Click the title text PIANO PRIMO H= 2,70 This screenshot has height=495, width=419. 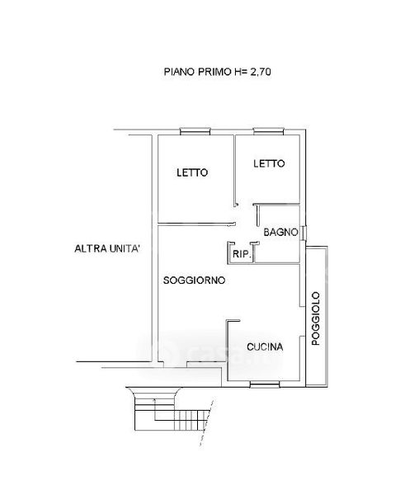click(x=217, y=72)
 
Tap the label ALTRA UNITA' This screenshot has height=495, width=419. click(x=107, y=248)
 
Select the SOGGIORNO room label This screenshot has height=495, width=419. click(x=194, y=280)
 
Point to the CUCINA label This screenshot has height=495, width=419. click(x=265, y=347)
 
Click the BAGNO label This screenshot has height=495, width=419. click(x=280, y=233)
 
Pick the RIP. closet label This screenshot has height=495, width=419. click(x=242, y=254)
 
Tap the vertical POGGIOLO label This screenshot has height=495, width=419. click(x=316, y=318)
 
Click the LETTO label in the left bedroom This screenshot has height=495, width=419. click(x=192, y=172)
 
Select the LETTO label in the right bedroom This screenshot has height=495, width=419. click(x=269, y=163)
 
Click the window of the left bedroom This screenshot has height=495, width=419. click(x=195, y=131)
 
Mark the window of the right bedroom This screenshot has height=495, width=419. click(x=269, y=131)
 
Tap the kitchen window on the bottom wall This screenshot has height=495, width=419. click(x=265, y=384)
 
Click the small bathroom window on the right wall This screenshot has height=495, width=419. click(x=304, y=233)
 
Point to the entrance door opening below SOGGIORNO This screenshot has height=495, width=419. click(x=176, y=365)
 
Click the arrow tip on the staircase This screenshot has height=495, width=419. click(x=154, y=399)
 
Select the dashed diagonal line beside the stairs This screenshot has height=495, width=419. click(x=206, y=423)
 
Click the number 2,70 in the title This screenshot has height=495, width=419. click(x=261, y=72)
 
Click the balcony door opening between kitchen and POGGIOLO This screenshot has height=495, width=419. click(x=302, y=322)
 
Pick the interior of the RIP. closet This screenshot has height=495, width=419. click(x=242, y=253)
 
